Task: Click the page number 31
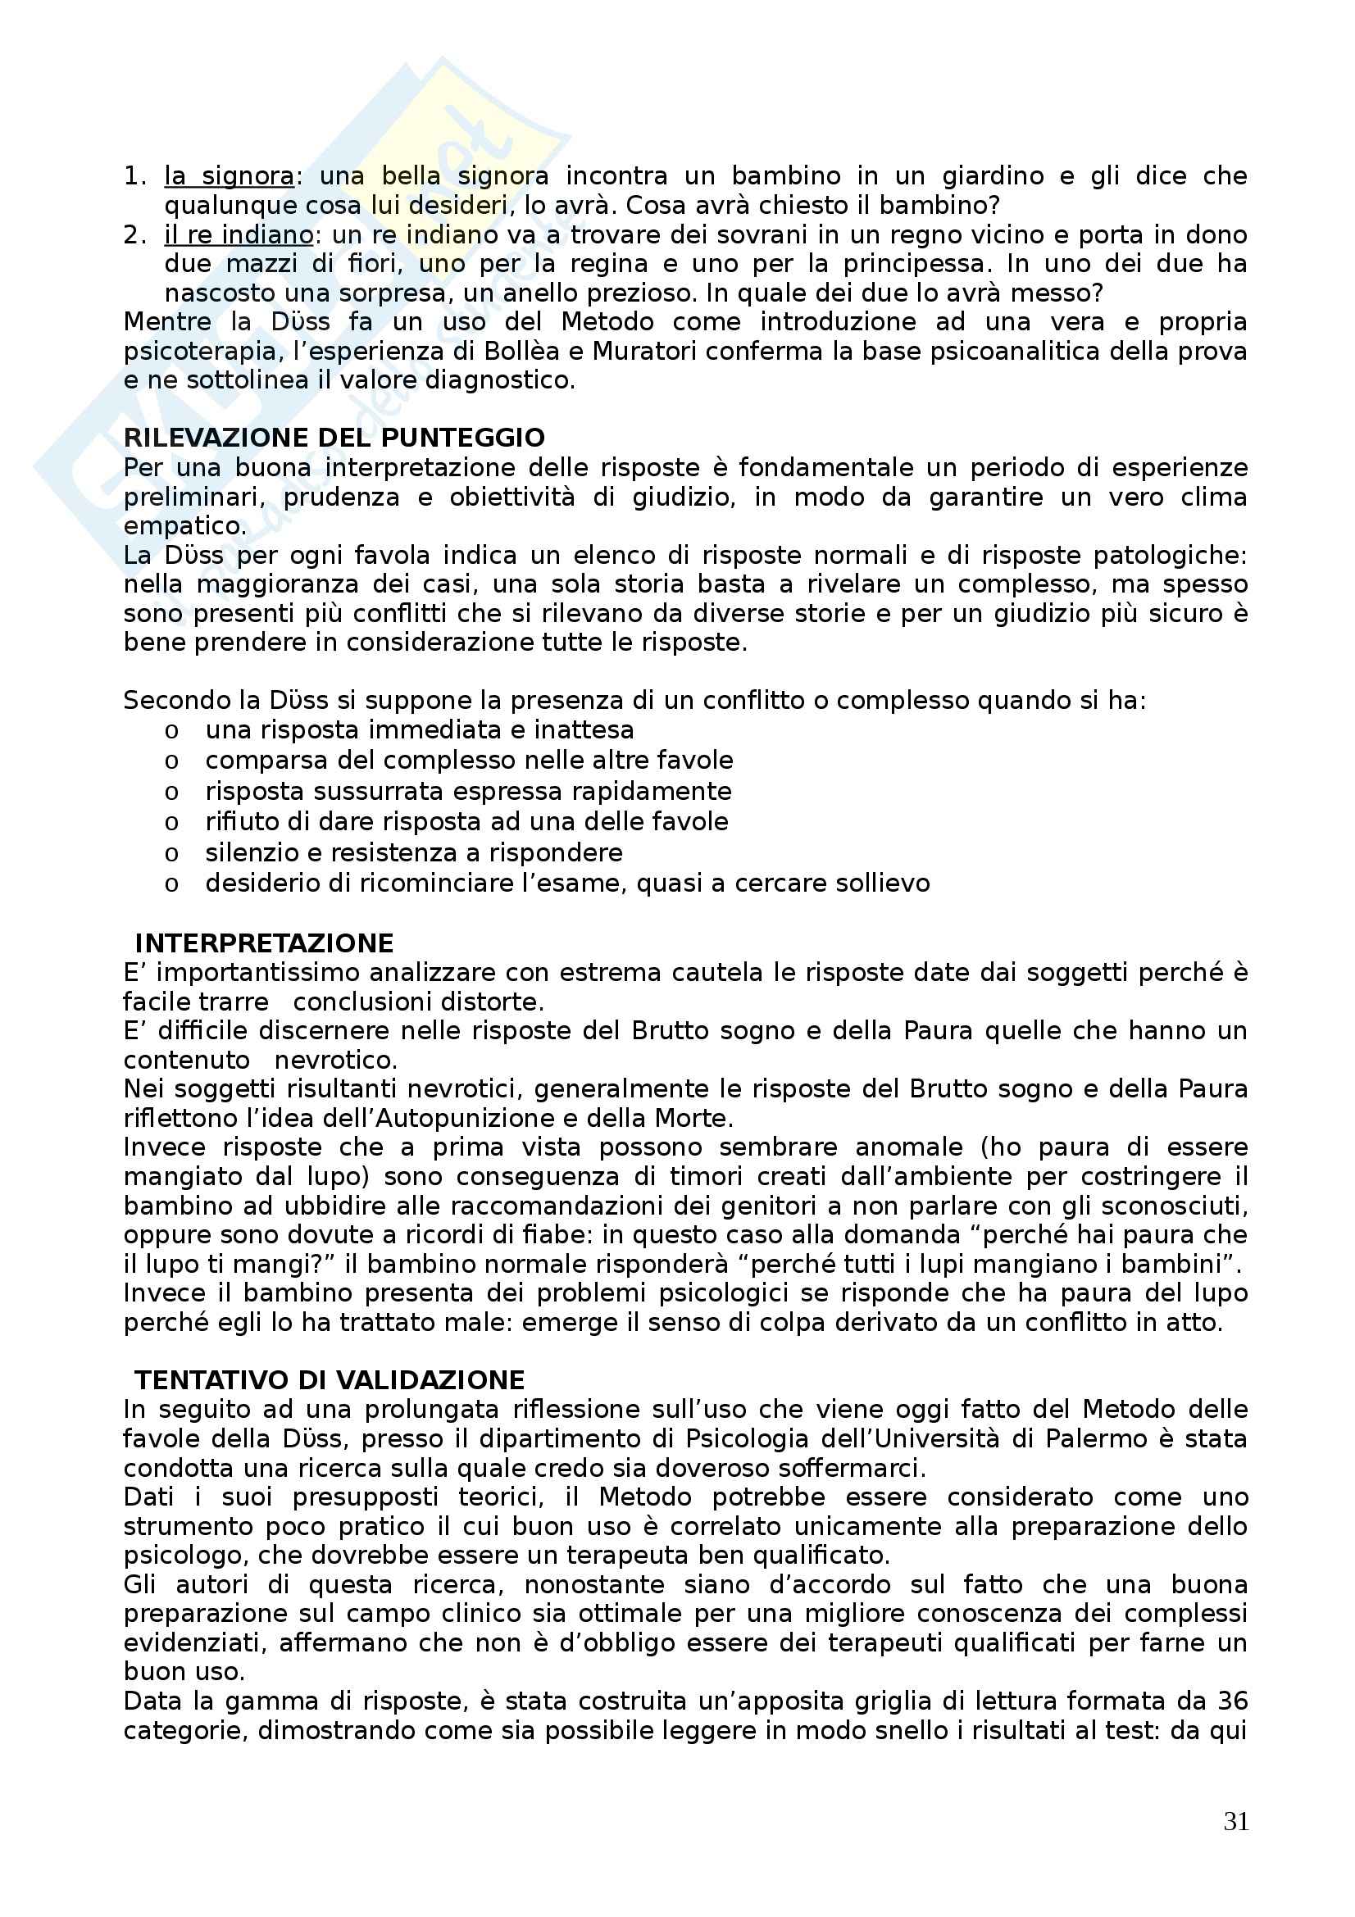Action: pyautogui.click(x=1235, y=1821)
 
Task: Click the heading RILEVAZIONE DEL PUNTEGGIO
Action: pyautogui.click(x=334, y=438)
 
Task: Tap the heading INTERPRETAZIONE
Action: pyautogui.click(x=264, y=943)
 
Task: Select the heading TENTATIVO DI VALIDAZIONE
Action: pyautogui.click(x=330, y=1380)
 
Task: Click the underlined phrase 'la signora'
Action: pyautogui.click(x=229, y=176)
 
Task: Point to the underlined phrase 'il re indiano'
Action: pyautogui.click(x=239, y=234)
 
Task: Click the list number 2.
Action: pyautogui.click(x=134, y=234)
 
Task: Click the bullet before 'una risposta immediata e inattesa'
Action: pyautogui.click(x=172, y=731)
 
